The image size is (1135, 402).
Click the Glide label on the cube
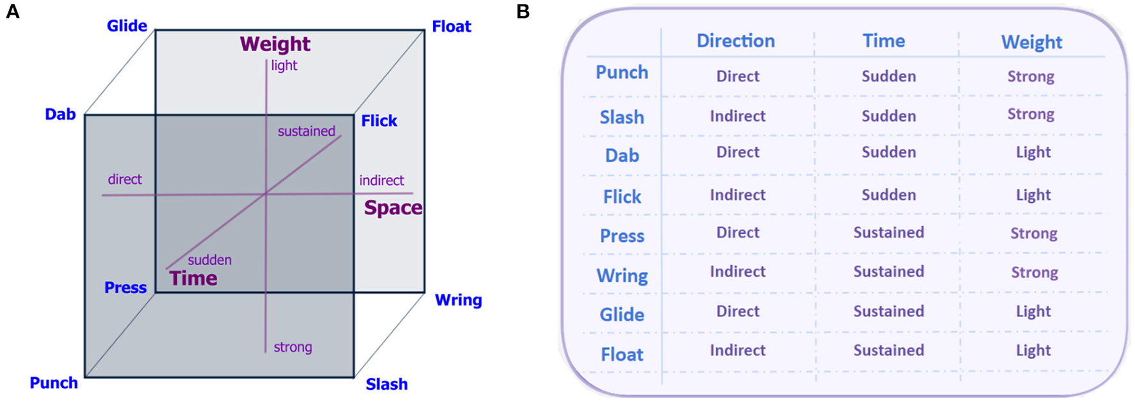pos(127,26)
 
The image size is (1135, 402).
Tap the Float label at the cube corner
pos(452,27)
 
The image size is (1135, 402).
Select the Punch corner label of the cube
pos(54,383)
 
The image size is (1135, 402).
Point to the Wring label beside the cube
pos(458,300)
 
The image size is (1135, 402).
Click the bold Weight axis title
pos(275,44)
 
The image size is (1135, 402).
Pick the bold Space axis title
pos(393,208)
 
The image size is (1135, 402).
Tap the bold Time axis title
pos(193,278)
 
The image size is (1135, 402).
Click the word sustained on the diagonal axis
pos(306,131)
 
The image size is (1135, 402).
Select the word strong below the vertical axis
pos(293,348)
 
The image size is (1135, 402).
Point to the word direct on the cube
pos(124,180)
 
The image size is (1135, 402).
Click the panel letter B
pos(523,12)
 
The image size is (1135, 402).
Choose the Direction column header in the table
pos(735,41)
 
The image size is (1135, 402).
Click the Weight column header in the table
pos(1031,42)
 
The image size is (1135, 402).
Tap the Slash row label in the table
pos(621,117)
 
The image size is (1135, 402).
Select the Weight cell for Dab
pos(1033,152)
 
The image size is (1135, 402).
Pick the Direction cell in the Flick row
pos(737,195)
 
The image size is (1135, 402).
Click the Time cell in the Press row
pos(888,232)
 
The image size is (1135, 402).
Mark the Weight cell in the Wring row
pos(1034,272)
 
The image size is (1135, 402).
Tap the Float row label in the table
pos(621,355)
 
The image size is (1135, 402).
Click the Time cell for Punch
pos(888,76)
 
